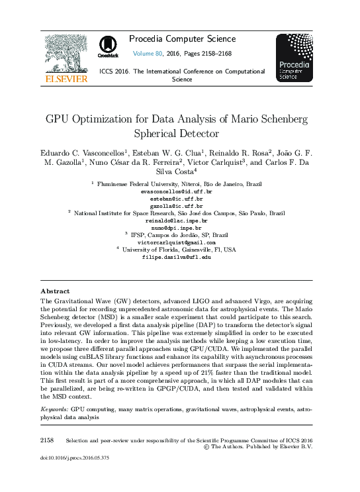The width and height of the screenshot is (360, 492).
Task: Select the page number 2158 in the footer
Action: click(47, 440)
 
